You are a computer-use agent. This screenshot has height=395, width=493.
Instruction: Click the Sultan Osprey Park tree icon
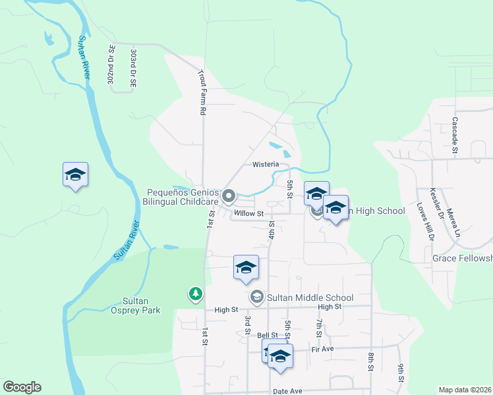(195, 293)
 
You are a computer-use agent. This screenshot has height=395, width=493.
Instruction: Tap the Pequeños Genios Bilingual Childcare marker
(229, 196)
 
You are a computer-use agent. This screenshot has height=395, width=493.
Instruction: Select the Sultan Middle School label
(310, 298)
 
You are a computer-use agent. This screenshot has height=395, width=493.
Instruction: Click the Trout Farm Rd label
(203, 93)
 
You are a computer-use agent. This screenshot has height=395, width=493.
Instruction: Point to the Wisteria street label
(266, 164)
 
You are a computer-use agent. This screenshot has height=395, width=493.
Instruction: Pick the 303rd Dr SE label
(133, 67)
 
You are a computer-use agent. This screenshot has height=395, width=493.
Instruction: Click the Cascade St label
(455, 136)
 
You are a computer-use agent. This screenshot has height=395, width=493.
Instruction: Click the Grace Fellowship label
(462, 258)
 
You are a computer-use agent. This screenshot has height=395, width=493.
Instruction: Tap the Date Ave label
(287, 390)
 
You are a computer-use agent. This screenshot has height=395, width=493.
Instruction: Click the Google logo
(22, 387)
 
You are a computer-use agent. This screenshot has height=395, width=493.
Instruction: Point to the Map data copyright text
(465, 390)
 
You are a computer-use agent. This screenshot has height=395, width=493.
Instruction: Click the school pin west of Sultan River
(75, 175)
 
